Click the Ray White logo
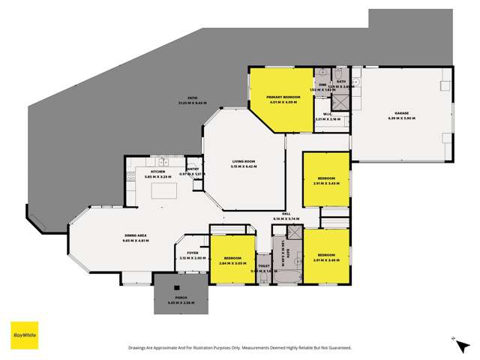click(24, 335)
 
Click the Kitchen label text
click(157, 172)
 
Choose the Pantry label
click(193, 170)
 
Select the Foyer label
click(192, 253)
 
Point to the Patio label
click(181, 100)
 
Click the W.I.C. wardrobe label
click(328, 115)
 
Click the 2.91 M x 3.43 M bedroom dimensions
click(326, 183)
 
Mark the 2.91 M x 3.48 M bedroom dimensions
click(326, 260)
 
